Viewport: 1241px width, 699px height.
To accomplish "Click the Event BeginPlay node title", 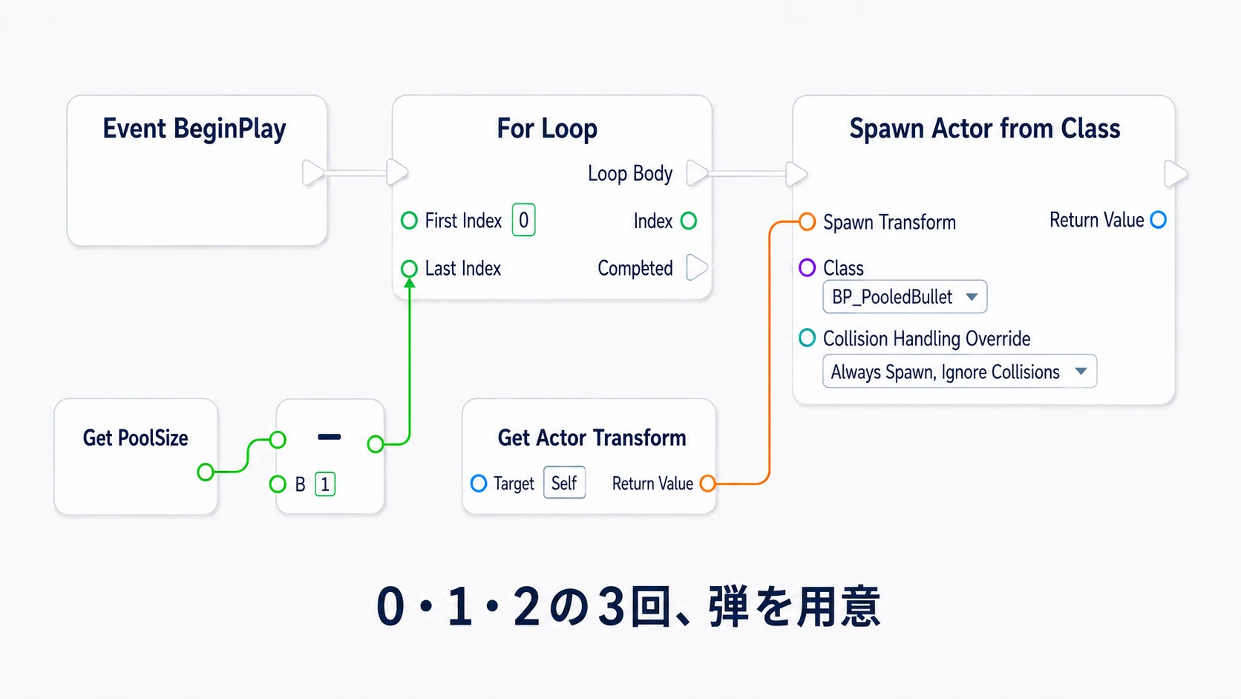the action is [x=194, y=129].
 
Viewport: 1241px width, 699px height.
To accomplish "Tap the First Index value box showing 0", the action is [x=523, y=220].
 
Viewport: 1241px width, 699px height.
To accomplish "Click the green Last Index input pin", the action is [x=409, y=269].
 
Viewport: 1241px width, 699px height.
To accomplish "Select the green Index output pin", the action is [x=689, y=221].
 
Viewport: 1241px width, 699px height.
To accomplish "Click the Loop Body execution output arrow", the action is [x=696, y=173].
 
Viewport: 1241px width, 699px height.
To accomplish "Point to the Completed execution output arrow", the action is [x=696, y=267].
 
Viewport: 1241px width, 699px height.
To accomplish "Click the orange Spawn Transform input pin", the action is [x=808, y=221].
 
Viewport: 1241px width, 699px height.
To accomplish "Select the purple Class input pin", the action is [x=808, y=267].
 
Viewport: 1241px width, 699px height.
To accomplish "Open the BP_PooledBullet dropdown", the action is [x=905, y=297].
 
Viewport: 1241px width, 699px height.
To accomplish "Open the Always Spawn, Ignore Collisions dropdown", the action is [x=960, y=371].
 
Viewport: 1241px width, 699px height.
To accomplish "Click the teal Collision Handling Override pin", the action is [x=808, y=337].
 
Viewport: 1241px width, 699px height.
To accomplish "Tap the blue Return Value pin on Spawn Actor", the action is [x=1159, y=220].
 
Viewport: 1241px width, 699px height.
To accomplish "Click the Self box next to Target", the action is [x=564, y=483].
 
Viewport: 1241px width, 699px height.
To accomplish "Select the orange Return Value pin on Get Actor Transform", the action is [x=707, y=484].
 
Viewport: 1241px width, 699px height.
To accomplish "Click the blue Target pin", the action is [x=479, y=484].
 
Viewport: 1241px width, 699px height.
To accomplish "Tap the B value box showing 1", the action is [x=325, y=484].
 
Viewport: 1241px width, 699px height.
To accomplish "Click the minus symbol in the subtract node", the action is [x=329, y=438].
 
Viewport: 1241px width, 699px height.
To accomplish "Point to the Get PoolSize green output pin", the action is [x=206, y=472].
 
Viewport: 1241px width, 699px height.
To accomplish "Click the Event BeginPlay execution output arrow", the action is [x=313, y=173].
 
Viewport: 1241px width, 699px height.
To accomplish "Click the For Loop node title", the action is [x=547, y=129].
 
